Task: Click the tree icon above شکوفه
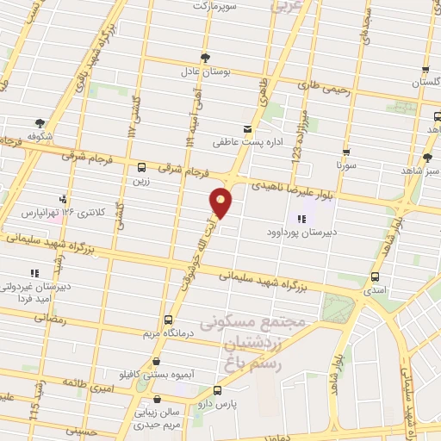(40, 123)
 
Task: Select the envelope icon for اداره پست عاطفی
(248, 129)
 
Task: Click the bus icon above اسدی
(374, 277)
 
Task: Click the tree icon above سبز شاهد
(428, 158)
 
